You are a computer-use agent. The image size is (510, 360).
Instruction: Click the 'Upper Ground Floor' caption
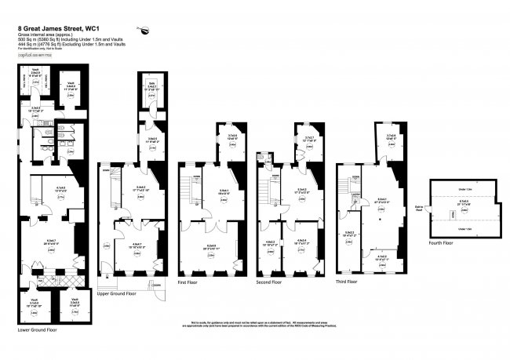click(117, 293)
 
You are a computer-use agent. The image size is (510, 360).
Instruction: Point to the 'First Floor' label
click(188, 281)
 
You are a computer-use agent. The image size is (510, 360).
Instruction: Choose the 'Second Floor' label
click(270, 281)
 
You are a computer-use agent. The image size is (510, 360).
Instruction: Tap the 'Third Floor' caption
click(346, 281)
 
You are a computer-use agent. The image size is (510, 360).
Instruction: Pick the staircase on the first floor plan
click(188, 189)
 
